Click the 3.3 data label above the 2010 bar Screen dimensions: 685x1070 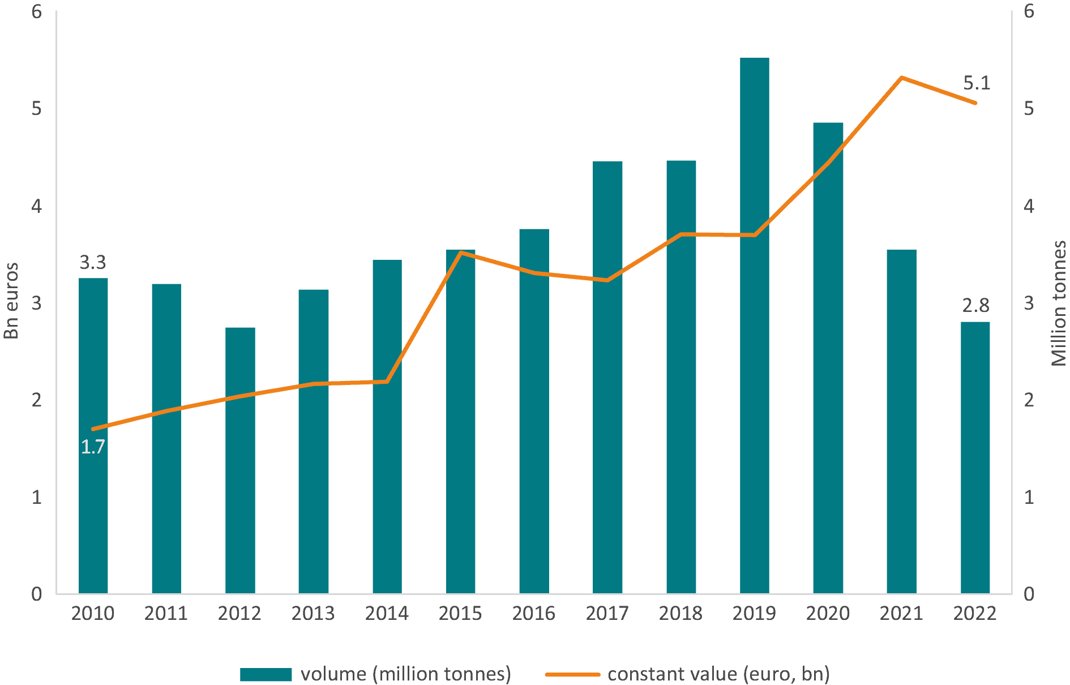click(93, 263)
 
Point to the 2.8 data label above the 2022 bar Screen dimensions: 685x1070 click(975, 306)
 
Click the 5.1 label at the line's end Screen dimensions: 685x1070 click(977, 83)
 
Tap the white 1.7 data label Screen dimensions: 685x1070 click(93, 447)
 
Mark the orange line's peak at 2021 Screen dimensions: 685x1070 click(901, 78)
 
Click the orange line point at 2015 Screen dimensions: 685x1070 click(461, 252)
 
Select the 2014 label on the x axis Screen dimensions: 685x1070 click(387, 613)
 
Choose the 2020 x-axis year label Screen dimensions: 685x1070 click(828, 613)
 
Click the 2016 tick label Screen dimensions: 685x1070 click(534, 613)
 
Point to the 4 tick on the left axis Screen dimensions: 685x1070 click(37, 205)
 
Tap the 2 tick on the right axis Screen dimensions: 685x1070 click(1029, 400)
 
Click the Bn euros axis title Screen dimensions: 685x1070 click(11, 301)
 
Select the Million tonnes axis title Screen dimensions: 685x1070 click(1059, 303)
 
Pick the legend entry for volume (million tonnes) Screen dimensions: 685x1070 click(405, 674)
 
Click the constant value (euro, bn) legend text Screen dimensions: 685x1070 click(718, 674)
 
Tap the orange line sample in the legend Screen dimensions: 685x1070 click(572, 674)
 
